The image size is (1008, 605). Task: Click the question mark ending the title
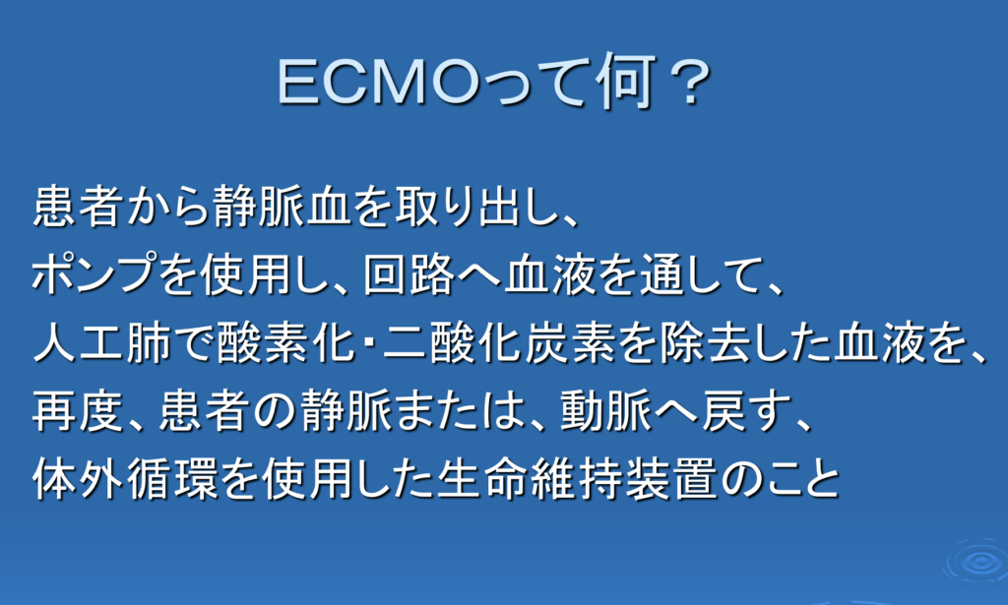689,83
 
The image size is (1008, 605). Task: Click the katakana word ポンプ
94,274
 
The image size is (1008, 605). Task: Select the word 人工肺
101,343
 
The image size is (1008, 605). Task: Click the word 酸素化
286,343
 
